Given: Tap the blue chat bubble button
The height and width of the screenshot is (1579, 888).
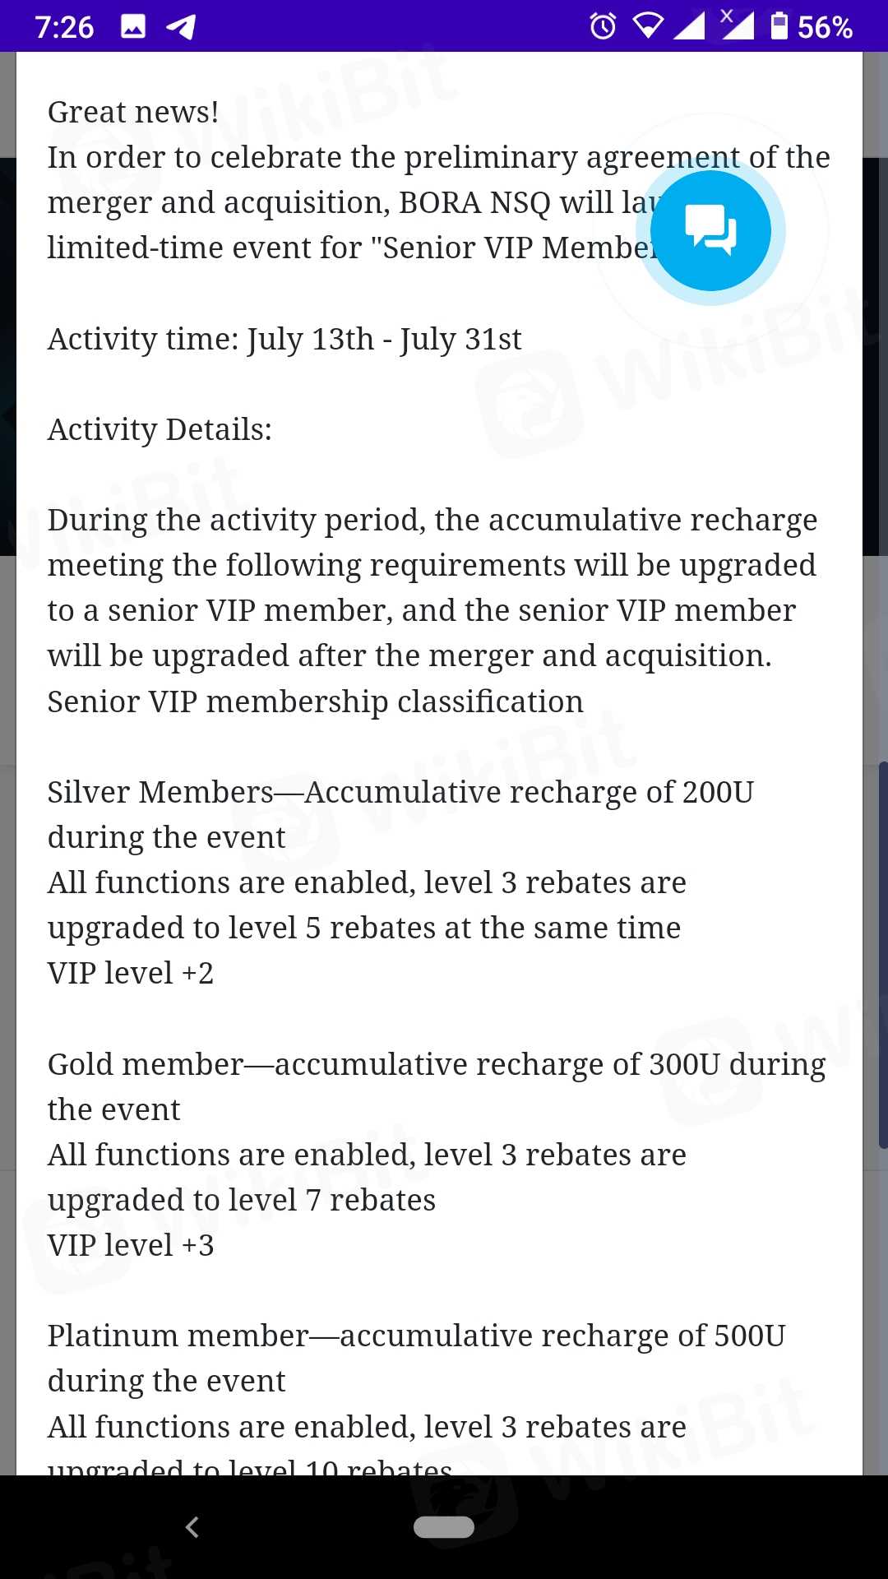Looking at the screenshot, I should click(710, 230).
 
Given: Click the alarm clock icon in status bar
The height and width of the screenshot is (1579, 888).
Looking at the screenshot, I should click(603, 26).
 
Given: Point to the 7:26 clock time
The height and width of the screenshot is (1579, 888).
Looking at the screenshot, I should click(64, 28).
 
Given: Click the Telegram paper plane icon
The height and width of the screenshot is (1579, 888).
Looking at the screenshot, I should click(181, 26).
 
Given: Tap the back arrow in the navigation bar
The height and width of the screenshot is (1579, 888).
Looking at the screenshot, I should click(192, 1527).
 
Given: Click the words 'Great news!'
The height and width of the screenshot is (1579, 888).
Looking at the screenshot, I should click(133, 113).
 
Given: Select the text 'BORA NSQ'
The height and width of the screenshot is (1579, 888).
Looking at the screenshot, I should click(474, 203).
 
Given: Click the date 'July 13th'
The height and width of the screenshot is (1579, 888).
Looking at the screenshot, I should click(311, 339).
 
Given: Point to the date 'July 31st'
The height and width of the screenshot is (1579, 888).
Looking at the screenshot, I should click(460, 339).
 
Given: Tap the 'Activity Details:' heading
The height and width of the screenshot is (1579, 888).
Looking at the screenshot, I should click(160, 429).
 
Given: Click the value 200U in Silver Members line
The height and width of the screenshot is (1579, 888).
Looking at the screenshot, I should click(718, 792).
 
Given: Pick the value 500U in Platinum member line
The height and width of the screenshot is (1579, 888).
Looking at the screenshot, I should click(750, 1336).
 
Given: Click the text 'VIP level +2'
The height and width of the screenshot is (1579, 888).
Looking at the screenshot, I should click(131, 974).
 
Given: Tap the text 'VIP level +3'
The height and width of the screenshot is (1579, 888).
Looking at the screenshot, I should click(131, 1245).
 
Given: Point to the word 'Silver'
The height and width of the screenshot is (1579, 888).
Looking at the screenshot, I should click(87, 792).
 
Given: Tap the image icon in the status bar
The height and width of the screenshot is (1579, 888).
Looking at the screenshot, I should click(133, 26).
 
